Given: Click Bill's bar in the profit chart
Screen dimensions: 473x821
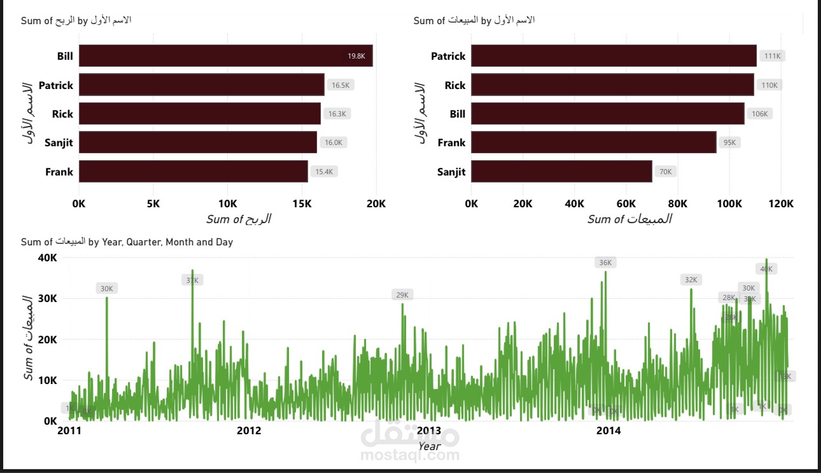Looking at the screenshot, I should click(225, 56).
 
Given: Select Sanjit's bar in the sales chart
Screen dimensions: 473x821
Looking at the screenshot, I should click(561, 172).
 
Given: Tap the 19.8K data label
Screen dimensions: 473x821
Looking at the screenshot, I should click(356, 56).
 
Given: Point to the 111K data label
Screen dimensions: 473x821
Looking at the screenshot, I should click(772, 56).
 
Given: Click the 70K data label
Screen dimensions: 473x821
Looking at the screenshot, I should click(666, 172).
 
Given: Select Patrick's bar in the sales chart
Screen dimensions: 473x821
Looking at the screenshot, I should click(614, 56).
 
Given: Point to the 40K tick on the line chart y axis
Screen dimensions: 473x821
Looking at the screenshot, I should click(48, 257).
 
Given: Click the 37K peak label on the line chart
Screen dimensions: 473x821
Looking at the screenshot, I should click(192, 280).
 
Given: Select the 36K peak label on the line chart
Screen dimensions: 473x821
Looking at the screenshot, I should click(605, 263).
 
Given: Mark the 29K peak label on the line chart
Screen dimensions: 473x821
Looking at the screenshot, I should click(402, 295).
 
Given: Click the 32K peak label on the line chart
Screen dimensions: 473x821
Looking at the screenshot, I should click(691, 280).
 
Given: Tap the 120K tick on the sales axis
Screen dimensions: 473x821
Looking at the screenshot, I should click(781, 203).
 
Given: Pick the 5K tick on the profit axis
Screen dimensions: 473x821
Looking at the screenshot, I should click(153, 203).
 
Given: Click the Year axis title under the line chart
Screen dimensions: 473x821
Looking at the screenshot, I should click(429, 446).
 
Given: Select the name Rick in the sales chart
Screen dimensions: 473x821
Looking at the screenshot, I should click(455, 85).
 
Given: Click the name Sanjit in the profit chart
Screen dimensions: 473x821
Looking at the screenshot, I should click(59, 142).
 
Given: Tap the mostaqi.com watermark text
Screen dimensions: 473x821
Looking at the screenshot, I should click(410, 455).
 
